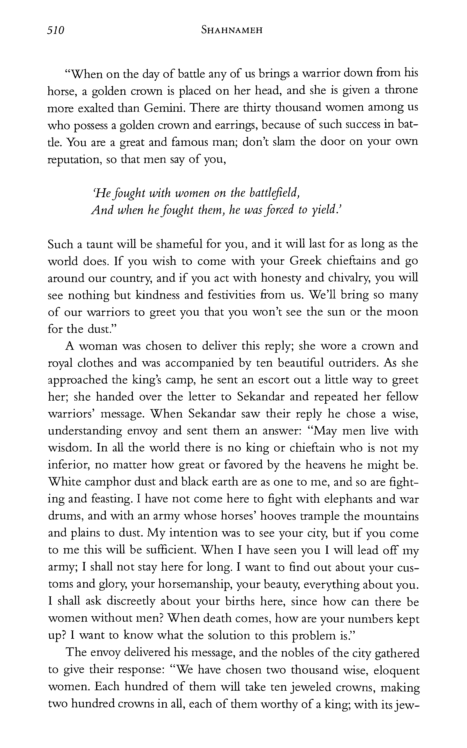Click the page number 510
[56, 30]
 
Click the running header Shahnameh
[232, 30]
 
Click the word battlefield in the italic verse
[275, 193]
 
